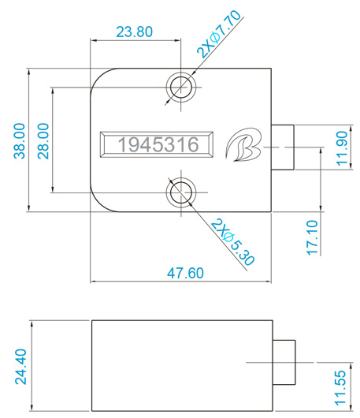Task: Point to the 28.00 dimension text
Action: pyautogui.click(x=43, y=140)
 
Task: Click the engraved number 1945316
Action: pyautogui.click(x=157, y=144)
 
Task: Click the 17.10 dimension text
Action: pyautogui.click(x=313, y=237)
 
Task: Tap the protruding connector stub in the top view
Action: pyautogui.click(x=284, y=147)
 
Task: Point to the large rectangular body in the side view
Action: pyautogui.click(x=182, y=365)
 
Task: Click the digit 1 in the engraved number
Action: pyautogui.click(x=122, y=144)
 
